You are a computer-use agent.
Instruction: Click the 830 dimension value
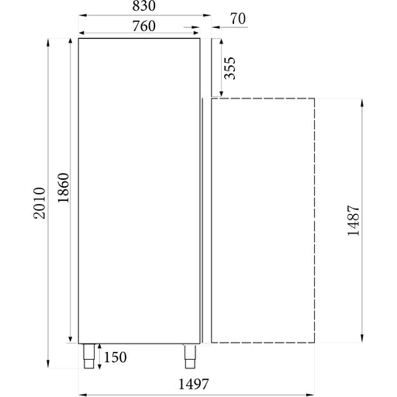(143, 6)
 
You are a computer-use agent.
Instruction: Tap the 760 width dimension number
(143, 26)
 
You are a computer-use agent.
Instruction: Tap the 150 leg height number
(114, 357)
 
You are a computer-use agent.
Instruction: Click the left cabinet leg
(89, 354)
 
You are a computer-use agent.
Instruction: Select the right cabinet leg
(189, 354)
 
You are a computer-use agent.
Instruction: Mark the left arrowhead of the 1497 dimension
(81, 395)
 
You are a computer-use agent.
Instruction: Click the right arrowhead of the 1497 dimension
(312, 395)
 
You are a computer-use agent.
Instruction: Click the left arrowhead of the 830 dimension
(81, 15)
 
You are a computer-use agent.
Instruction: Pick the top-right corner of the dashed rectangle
(314, 98)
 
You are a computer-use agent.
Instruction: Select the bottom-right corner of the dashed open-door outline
(314, 342)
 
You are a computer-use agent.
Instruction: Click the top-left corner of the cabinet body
(78, 37)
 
